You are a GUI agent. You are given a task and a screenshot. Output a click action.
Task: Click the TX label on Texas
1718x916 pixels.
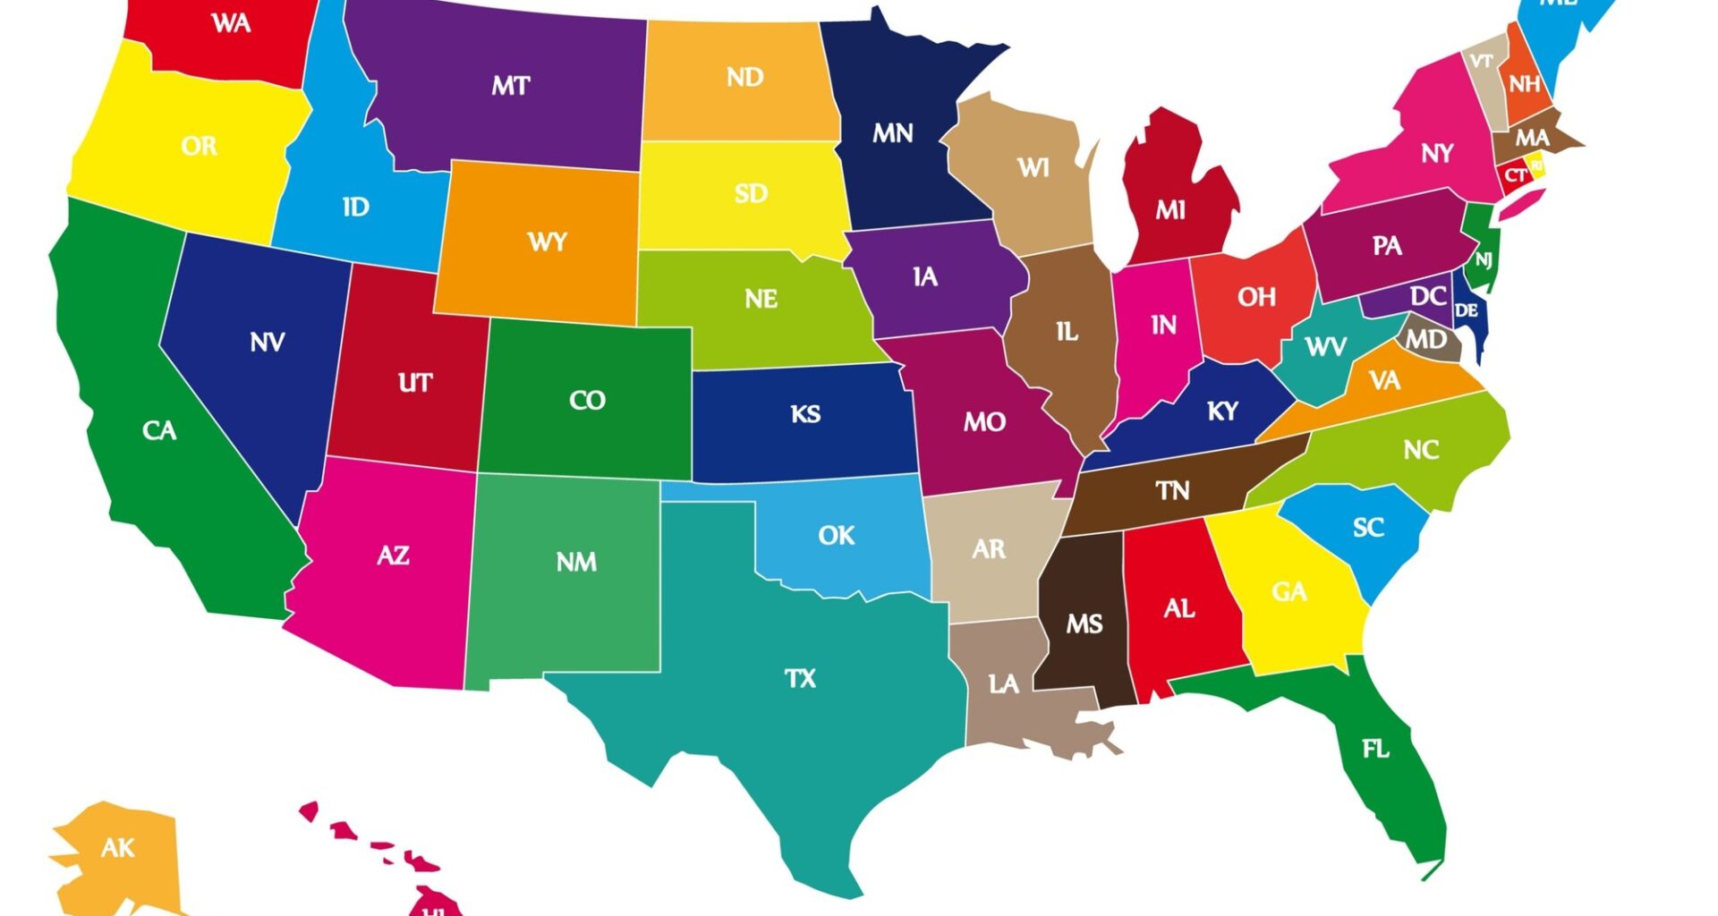800,679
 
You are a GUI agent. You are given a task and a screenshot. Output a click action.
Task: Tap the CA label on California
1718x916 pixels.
159,431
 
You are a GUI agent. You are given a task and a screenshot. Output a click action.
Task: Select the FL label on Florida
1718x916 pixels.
1375,749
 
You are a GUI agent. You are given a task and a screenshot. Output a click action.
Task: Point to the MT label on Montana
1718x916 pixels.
510,86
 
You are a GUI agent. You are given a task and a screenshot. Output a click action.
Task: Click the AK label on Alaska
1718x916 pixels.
117,847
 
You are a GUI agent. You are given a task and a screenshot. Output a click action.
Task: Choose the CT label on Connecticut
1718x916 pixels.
1515,175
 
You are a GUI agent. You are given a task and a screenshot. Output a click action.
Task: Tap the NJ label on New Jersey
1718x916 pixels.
1484,260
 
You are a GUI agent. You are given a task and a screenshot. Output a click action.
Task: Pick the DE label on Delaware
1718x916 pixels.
1466,310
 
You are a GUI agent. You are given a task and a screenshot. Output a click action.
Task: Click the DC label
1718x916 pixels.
1428,296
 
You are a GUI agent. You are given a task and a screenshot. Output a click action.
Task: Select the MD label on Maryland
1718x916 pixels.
1425,340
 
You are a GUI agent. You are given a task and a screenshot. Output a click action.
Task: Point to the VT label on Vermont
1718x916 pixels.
1482,61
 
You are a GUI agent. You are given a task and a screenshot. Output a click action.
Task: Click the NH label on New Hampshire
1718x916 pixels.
1525,84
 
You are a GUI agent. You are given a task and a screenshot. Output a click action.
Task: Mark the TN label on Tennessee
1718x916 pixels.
1172,490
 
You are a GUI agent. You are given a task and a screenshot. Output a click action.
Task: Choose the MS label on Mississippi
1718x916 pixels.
1084,623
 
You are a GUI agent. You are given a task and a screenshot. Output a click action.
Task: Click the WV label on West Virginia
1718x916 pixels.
1325,346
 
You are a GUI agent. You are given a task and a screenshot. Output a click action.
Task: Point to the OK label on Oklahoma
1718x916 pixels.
837,536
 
